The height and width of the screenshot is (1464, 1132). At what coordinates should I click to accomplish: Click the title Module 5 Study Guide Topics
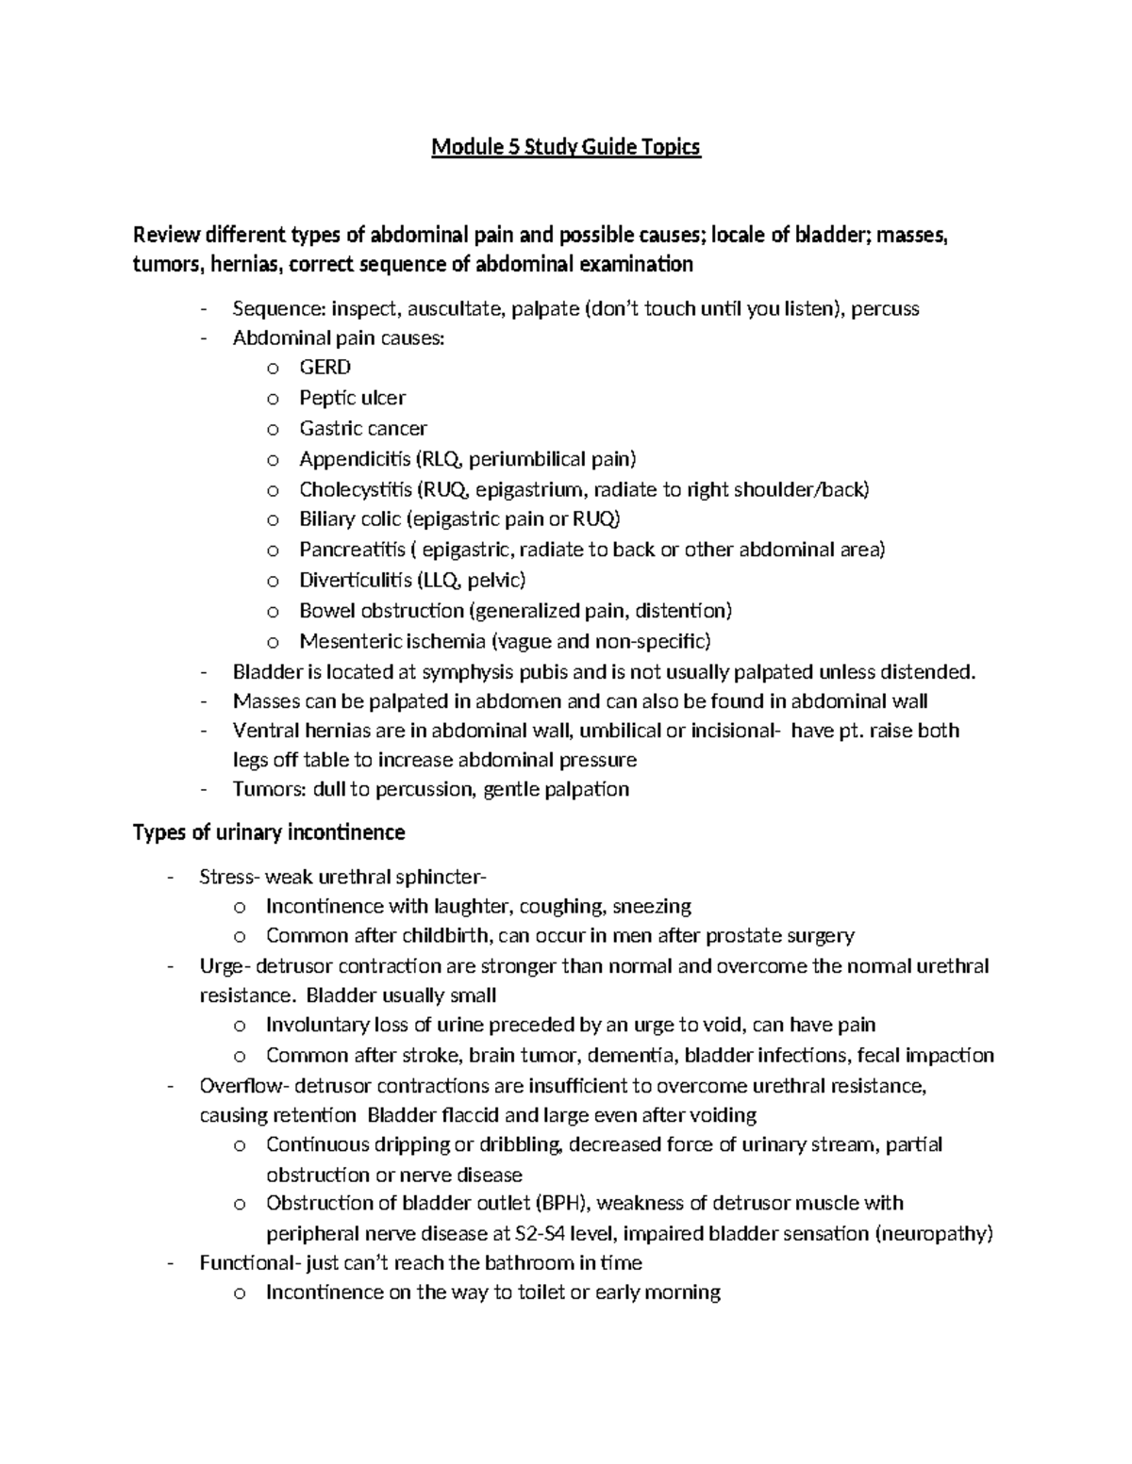[x=566, y=148]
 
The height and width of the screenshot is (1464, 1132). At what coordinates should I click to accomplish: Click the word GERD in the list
[x=325, y=368]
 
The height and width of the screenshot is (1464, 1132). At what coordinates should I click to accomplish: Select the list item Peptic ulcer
[x=352, y=398]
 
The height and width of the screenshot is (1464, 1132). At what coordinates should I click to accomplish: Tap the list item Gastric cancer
[x=363, y=428]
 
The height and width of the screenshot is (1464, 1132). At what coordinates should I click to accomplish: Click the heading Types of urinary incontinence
[x=269, y=832]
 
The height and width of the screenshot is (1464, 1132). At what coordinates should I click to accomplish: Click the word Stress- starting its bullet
[x=228, y=877]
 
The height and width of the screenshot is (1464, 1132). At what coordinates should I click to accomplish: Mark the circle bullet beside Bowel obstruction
[x=273, y=611]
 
